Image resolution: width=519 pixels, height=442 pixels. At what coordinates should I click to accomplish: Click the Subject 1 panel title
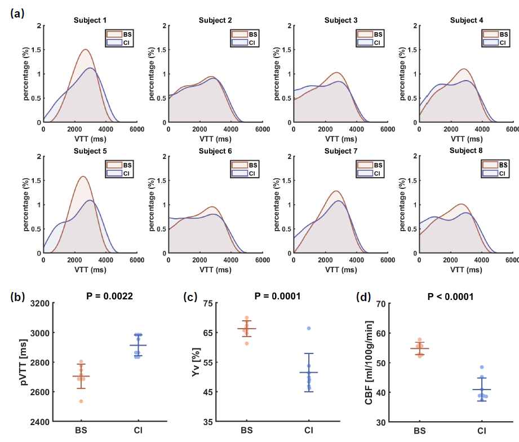pyautogui.click(x=90, y=21)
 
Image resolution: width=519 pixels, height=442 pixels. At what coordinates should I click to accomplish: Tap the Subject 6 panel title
pyautogui.click(x=215, y=151)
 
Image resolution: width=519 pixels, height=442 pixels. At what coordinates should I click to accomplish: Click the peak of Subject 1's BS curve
pyautogui.click(x=86, y=50)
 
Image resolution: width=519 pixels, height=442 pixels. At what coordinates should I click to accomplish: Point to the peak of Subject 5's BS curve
pyautogui.click(x=83, y=176)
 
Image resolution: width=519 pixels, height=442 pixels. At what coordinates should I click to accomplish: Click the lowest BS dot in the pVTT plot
pyautogui.click(x=82, y=401)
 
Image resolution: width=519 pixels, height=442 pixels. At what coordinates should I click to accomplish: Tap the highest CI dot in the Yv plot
pyautogui.click(x=309, y=328)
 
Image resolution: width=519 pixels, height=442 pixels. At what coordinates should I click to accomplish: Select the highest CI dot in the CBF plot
pyautogui.click(x=482, y=367)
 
